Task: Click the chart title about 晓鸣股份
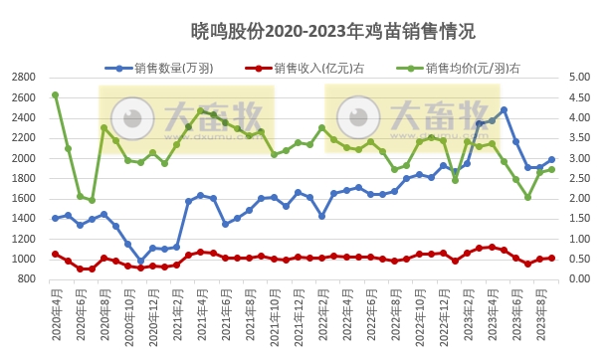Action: [x=304, y=33]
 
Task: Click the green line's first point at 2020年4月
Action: [x=55, y=95]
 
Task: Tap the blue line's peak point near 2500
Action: [x=504, y=110]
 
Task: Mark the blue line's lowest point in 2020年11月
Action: [x=140, y=261]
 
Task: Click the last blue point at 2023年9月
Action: [x=551, y=159]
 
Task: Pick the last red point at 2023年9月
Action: [x=551, y=258]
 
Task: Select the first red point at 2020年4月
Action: [x=55, y=254]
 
